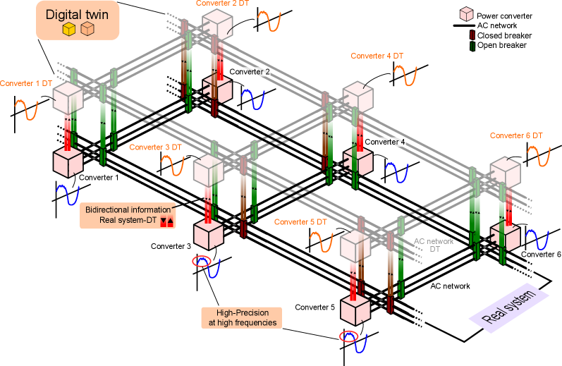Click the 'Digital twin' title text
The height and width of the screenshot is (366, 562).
(x=78, y=14)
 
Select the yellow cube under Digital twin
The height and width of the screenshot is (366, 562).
(x=68, y=29)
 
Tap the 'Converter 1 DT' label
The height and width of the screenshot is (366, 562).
(x=27, y=83)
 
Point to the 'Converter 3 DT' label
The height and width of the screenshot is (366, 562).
(x=155, y=147)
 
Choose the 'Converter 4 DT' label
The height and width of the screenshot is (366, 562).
(x=377, y=56)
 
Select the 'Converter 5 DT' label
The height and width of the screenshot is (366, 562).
(x=300, y=222)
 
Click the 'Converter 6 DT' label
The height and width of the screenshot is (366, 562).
(x=516, y=135)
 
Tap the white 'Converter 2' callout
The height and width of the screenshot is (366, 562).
(x=249, y=72)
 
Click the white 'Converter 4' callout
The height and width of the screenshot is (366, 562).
(x=385, y=142)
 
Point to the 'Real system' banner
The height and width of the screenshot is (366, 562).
(x=508, y=308)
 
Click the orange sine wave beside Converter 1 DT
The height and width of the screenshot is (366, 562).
(x=27, y=110)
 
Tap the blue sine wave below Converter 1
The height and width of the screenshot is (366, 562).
(x=68, y=194)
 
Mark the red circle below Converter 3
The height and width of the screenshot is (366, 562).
(x=202, y=262)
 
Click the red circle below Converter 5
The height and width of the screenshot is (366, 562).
(x=348, y=336)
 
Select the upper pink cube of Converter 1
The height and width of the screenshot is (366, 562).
(x=69, y=97)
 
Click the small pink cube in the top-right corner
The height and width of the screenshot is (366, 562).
(x=466, y=13)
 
